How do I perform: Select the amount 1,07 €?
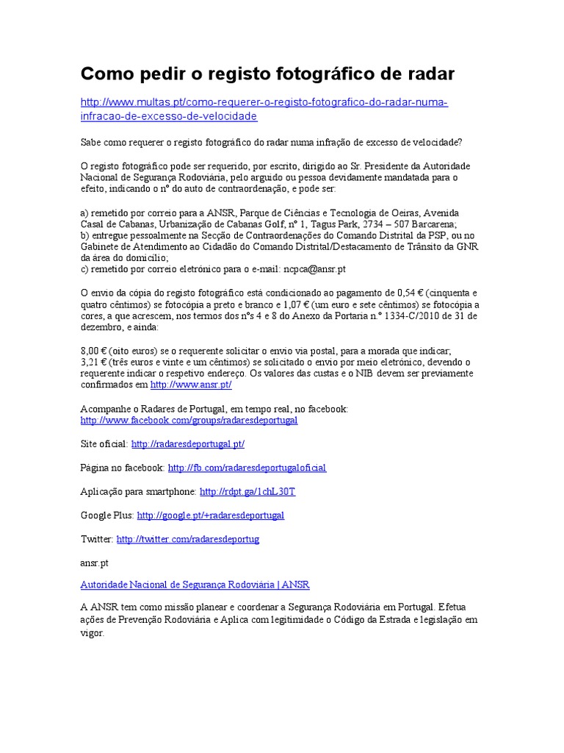[x=299, y=305]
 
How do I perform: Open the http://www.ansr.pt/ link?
[x=191, y=385]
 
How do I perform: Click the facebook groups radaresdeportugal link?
[x=189, y=420]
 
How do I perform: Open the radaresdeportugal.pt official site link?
[x=188, y=444]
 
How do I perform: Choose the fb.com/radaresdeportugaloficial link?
[x=247, y=468]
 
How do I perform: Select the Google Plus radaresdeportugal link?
[x=210, y=515]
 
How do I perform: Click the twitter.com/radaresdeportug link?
[x=187, y=539]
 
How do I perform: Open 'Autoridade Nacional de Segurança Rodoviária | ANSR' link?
[x=195, y=585]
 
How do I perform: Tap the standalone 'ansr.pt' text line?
[x=95, y=562]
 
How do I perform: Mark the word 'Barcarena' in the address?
[x=433, y=224]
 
